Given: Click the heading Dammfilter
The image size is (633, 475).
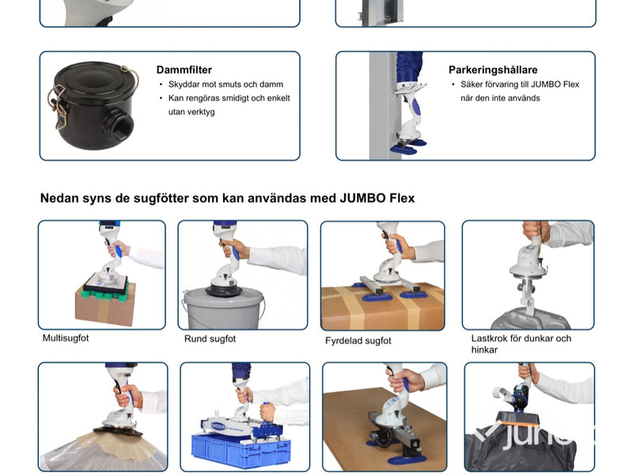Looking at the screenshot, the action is pos(184,70).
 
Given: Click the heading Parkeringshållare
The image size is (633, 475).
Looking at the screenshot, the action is pos(493,70).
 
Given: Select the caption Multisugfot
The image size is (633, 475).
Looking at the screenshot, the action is pos(66,338).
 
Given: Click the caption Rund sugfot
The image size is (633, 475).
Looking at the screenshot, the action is pos(210,339).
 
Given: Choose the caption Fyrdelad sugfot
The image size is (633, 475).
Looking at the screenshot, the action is pos(358,341).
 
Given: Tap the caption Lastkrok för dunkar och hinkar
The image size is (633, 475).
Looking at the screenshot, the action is pos(521,344).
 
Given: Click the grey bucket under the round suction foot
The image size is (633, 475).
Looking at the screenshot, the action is pos(223,309).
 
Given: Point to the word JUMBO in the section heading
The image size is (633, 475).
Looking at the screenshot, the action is pos(362,199).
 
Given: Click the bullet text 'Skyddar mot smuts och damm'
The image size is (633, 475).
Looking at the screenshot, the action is pos(226,85).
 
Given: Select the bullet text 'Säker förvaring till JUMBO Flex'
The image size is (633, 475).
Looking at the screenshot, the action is pos(520,85).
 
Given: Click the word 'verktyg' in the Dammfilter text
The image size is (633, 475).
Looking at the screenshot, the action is pos(191,112).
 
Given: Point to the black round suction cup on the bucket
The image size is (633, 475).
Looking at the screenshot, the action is pos(224,290).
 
